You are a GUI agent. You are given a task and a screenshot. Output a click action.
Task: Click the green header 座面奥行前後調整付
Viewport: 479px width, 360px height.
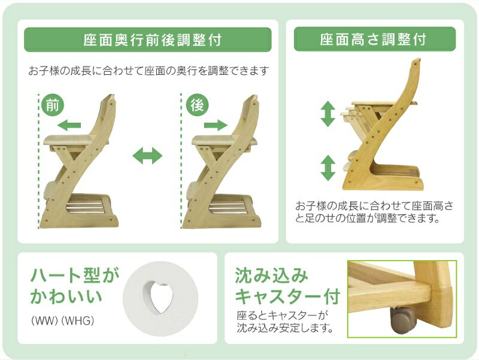click(147, 40)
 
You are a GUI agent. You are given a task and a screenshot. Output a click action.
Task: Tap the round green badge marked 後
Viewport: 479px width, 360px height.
click(197, 105)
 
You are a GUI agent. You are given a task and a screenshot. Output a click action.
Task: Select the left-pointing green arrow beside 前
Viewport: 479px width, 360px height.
click(70, 125)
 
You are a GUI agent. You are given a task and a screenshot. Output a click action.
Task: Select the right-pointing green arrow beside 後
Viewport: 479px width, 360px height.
click(216, 125)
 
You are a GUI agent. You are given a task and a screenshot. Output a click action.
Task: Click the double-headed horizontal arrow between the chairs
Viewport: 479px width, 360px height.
click(147, 157)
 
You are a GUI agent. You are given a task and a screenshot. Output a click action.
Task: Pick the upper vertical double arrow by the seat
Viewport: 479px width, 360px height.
click(328, 114)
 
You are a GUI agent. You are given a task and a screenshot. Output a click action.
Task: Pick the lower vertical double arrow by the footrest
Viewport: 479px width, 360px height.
click(328, 168)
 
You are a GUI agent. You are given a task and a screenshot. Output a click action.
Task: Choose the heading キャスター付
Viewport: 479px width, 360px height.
click(287, 297)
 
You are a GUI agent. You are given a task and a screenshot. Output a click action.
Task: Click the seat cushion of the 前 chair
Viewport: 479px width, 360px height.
click(66, 141)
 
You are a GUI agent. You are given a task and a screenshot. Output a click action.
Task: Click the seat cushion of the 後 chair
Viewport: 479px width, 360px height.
click(213, 141)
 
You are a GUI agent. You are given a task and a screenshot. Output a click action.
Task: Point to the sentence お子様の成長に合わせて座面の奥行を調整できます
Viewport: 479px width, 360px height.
click(148, 71)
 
